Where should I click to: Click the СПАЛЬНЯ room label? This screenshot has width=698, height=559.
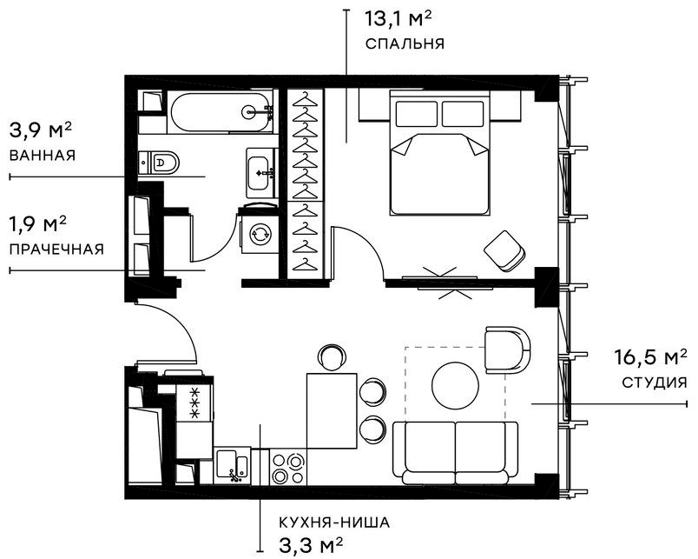pos(405,43)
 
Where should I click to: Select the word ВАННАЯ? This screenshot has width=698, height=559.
pos(43,156)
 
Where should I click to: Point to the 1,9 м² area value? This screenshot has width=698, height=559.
pos(38,224)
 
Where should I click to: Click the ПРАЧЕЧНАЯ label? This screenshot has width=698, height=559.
pos(56,250)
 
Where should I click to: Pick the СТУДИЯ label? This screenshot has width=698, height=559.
pos(655,382)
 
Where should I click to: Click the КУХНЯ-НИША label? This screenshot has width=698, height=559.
pos(334,522)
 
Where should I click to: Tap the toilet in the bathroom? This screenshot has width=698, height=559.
pos(163,162)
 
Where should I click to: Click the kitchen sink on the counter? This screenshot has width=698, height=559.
pos(233,464)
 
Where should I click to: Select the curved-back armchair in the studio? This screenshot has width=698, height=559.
pos(506,349)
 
